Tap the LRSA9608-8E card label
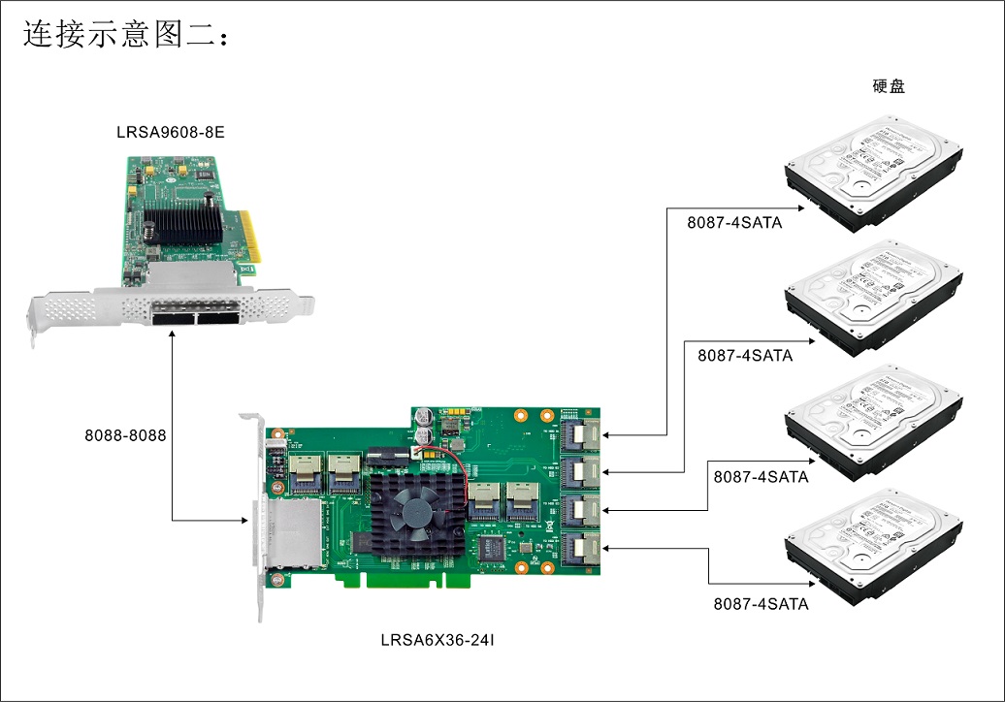171,132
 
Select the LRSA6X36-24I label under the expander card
439,640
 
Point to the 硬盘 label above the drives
889,86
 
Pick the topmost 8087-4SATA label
735,224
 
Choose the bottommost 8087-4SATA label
761,604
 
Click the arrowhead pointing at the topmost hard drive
801,207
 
